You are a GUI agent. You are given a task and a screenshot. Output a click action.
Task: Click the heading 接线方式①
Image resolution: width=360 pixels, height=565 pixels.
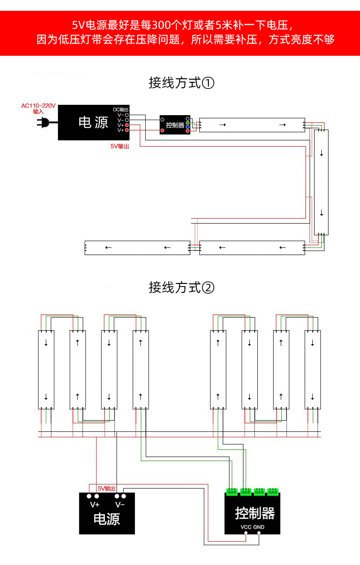[x=181, y=83]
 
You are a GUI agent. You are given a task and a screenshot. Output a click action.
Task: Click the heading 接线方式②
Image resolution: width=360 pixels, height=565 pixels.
[x=181, y=287]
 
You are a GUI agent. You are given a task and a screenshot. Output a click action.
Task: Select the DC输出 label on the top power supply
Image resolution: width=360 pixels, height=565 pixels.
[x=121, y=110]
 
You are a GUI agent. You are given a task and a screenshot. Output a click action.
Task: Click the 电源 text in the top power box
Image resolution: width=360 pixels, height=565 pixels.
[x=93, y=122]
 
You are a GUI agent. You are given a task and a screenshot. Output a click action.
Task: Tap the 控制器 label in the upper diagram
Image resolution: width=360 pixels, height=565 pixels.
[x=175, y=125]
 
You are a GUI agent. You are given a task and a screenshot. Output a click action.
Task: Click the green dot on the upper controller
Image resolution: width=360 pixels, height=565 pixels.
[x=187, y=123]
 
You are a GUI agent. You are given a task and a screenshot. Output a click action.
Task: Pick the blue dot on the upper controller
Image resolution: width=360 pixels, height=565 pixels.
[x=187, y=127]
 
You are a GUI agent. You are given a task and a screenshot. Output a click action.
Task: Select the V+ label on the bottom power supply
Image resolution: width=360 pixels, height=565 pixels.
[x=94, y=504]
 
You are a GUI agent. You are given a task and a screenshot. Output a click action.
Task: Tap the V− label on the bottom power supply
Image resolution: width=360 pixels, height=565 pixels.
[x=120, y=504]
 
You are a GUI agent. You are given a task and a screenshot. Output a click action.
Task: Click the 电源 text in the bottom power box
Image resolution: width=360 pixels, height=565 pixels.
[x=107, y=520]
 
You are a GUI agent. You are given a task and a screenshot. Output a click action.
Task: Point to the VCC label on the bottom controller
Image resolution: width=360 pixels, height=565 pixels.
[x=246, y=527]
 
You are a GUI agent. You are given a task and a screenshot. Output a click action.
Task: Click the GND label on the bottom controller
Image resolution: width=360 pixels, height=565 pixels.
[x=259, y=527]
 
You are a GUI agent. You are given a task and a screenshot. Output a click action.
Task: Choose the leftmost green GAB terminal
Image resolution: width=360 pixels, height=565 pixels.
[x=232, y=492]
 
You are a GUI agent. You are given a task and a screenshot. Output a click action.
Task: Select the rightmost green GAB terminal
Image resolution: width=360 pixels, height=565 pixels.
[x=273, y=492]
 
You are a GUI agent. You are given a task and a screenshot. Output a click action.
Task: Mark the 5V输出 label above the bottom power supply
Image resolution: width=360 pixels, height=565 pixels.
[x=107, y=489]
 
